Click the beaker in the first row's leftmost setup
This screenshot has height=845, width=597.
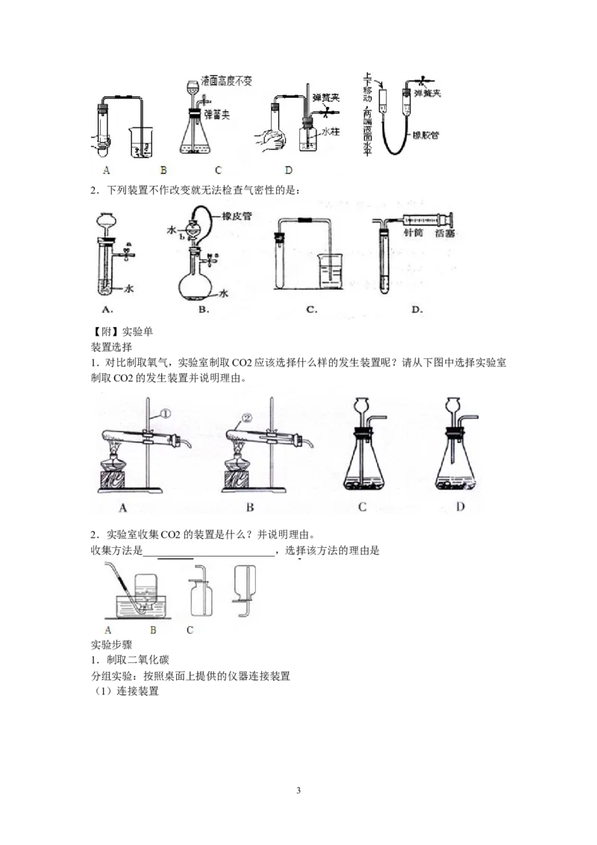pos(138,142)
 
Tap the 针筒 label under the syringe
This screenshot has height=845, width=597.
pos(411,234)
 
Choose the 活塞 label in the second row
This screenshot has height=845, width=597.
pos(446,234)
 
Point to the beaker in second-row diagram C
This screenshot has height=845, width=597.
pos(330,273)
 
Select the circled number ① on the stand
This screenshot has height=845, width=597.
pos(165,411)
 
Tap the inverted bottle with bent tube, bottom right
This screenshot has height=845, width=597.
pos(244,586)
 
